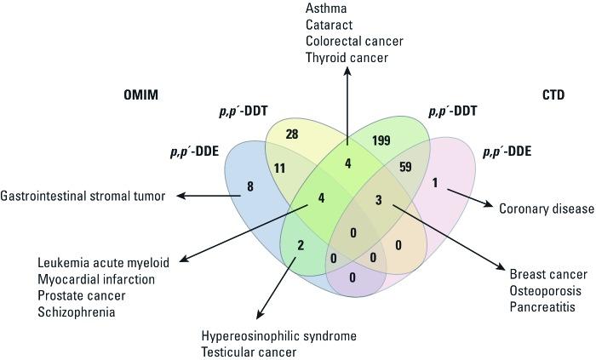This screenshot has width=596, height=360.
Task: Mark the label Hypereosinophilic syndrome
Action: coord(278,335)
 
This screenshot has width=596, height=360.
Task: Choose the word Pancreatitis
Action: coord(543,306)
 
